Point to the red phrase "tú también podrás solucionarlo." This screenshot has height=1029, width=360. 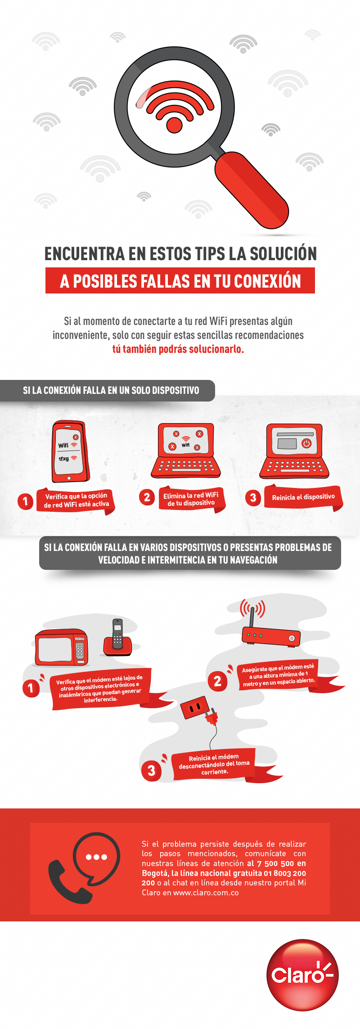point(178,349)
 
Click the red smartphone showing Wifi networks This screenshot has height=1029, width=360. point(70,451)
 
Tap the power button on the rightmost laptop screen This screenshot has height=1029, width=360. point(306,443)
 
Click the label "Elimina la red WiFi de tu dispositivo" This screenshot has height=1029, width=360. point(191,499)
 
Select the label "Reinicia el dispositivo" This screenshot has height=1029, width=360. point(303,497)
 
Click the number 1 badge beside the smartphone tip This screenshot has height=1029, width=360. point(25,501)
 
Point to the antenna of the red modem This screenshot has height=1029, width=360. point(252,617)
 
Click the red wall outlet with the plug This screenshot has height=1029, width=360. point(194,708)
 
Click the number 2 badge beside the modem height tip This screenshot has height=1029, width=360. point(217,681)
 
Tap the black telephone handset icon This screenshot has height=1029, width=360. point(67,883)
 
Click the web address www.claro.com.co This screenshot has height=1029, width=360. point(206,893)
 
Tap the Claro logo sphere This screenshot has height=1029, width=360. point(302,975)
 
